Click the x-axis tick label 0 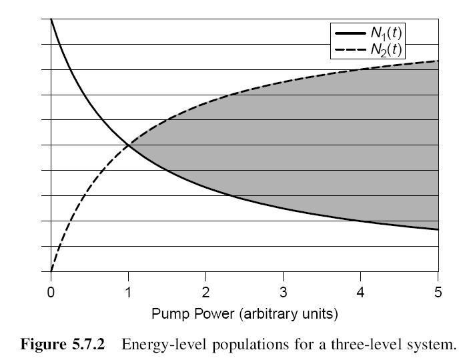[51, 292]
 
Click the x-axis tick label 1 [128, 292]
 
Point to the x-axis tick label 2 [205, 292]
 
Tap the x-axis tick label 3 [283, 292]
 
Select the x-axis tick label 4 [360, 292]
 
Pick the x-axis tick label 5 [438, 292]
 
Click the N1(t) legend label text [386, 32]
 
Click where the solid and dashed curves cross [128, 145]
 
